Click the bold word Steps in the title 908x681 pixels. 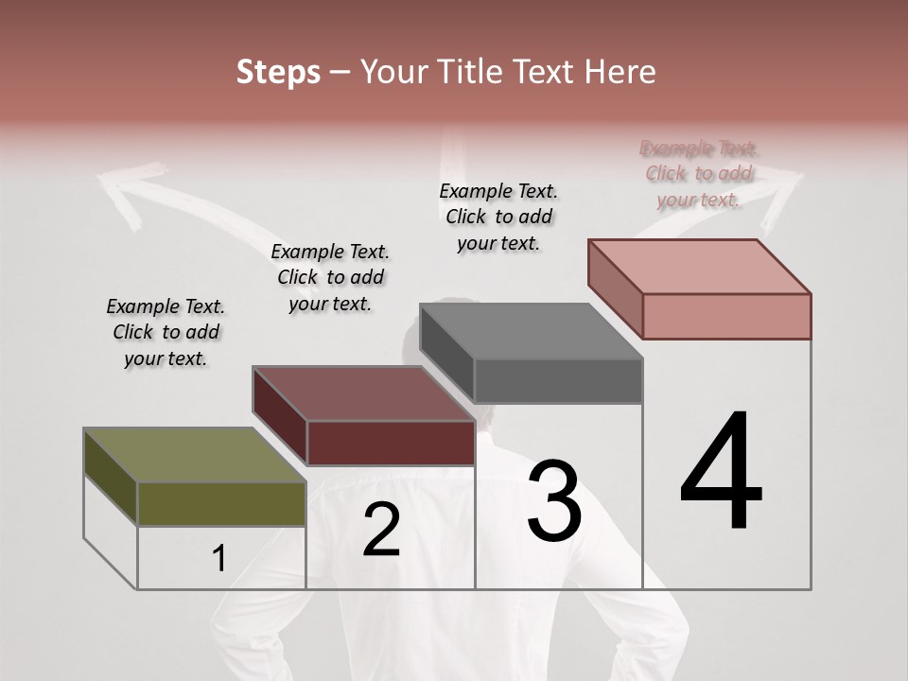point(278,72)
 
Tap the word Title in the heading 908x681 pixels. point(474,72)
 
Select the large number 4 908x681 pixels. point(722,473)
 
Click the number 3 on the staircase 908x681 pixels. point(554,502)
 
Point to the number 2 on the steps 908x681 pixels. point(381,530)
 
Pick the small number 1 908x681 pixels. point(219,559)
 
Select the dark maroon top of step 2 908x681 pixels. point(363,393)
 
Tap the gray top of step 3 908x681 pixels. point(531,331)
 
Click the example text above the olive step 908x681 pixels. point(166,332)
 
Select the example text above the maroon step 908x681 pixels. point(330,277)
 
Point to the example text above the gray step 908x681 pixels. point(498,217)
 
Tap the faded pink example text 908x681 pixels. point(699,174)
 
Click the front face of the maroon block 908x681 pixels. point(391,443)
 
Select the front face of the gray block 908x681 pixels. point(558,381)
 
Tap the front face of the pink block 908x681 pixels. point(726,316)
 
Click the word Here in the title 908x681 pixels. point(620,72)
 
